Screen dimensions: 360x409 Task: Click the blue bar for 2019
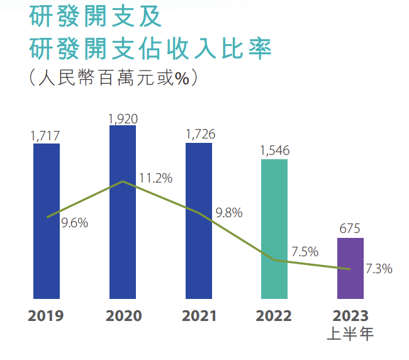[x=46, y=220]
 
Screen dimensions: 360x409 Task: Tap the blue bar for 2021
[x=199, y=220]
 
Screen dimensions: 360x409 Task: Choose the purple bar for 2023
[x=350, y=267]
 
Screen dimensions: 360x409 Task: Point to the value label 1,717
[x=45, y=135]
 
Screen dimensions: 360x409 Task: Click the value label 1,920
[x=123, y=118]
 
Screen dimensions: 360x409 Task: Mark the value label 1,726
[x=200, y=135]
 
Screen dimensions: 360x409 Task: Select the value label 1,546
[x=276, y=151]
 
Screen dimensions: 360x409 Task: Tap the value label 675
[x=350, y=229]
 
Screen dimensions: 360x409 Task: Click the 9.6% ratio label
[x=74, y=222]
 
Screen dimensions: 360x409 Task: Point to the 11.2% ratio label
[x=155, y=178]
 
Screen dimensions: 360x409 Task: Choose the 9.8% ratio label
[x=228, y=213]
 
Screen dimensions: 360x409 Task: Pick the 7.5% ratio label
[x=305, y=252]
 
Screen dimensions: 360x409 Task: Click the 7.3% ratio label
[x=379, y=269]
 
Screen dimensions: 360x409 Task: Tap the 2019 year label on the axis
[x=46, y=315]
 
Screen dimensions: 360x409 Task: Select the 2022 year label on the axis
[x=274, y=315]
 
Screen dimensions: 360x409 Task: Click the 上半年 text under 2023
[x=350, y=334]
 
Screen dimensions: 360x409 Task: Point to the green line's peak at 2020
[x=123, y=181]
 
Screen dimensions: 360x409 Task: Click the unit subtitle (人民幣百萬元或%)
[x=113, y=78]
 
